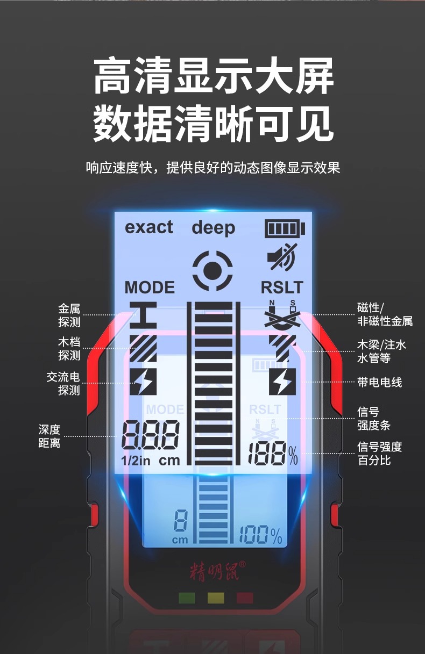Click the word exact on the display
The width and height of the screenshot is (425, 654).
[149, 227]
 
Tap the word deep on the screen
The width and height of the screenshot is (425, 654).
[213, 228]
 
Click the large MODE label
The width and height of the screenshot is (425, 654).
[150, 288]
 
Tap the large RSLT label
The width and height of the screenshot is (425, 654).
[282, 288]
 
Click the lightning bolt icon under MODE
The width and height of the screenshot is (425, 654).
[143, 382]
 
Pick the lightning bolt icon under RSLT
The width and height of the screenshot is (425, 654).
[282, 382]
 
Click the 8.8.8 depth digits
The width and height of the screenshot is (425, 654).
[150, 434]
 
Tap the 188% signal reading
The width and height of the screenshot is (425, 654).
[272, 455]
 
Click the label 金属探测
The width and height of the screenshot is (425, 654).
[69, 315]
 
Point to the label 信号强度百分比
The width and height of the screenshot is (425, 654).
[379, 454]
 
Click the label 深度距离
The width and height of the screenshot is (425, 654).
[49, 436]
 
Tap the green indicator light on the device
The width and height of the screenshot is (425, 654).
[187, 598]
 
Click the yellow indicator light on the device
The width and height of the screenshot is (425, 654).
[216, 598]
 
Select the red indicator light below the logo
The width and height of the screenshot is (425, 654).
[245, 598]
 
